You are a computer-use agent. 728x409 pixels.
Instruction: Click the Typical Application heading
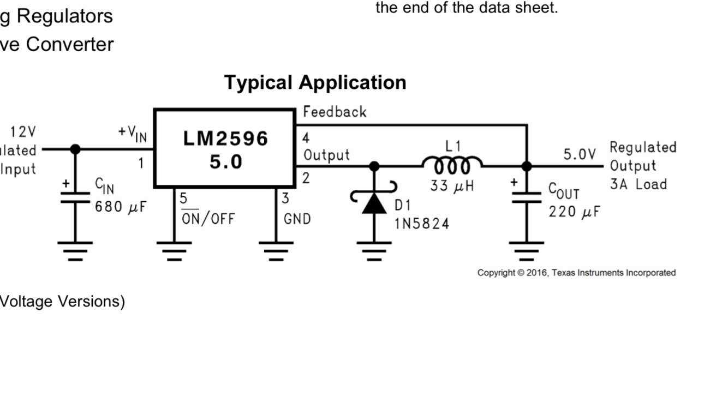pyautogui.click(x=315, y=82)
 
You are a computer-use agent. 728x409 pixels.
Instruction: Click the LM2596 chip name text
pyautogui.click(x=225, y=139)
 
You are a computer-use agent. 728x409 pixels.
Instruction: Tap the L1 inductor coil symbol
pyautogui.click(x=452, y=164)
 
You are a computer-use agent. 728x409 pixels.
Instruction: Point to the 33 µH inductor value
pyautogui.click(x=452, y=186)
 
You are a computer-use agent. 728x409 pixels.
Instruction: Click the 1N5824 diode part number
pyautogui.click(x=422, y=224)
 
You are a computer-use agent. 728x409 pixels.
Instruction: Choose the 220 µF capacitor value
pyautogui.click(x=574, y=212)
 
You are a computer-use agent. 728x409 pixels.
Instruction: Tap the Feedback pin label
pyautogui.click(x=335, y=112)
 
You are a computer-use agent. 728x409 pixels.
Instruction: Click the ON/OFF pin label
pyautogui.click(x=208, y=219)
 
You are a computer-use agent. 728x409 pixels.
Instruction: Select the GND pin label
pyautogui.click(x=297, y=219)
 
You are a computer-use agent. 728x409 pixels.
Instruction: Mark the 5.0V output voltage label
pyautogui.click(x=580, y=154)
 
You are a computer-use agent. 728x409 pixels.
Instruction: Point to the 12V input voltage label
pyautogui.click(x=23, y=132)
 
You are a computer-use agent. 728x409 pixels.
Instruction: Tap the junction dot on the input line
pyautogui.click(x=75, y=149)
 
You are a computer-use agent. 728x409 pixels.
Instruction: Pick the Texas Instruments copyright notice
pyautogui.click(x=576, y=273)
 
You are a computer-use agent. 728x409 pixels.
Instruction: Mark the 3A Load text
pyautogui.click(x=638, y=184)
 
